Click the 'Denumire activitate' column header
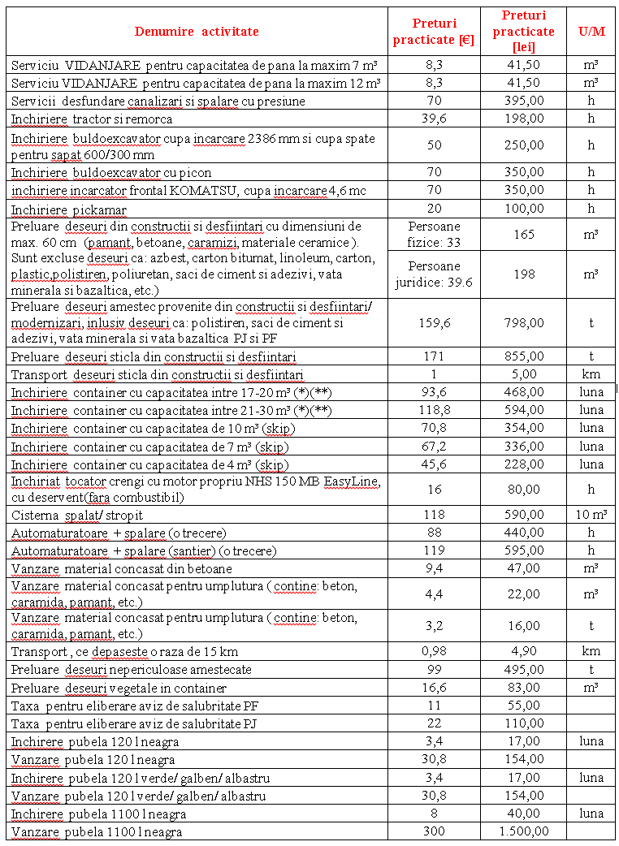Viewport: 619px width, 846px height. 197,32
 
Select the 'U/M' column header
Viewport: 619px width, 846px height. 591,32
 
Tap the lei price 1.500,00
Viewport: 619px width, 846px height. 524,831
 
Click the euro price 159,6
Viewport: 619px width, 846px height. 433,323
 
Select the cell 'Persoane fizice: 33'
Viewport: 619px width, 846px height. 433,233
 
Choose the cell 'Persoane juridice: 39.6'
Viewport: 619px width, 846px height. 433,274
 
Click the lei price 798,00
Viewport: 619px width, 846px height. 524,323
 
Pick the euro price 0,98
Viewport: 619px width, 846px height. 433,651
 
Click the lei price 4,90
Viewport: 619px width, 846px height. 524,651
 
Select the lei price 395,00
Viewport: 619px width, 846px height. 524,101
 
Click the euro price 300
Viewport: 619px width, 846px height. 433,831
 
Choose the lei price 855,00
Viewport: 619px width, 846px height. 524,356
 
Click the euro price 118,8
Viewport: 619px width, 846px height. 433,410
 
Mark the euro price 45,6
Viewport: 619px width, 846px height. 433,464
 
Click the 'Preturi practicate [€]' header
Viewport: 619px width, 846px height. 433,32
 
